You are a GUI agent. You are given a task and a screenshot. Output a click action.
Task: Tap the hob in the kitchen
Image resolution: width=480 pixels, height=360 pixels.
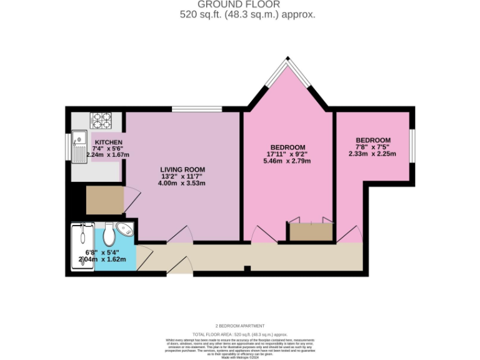point(101,119)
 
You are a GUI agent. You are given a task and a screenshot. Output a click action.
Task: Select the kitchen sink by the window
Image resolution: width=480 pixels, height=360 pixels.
point(79,147)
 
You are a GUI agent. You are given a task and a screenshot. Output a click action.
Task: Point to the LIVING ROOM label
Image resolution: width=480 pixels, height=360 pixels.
point(182,169)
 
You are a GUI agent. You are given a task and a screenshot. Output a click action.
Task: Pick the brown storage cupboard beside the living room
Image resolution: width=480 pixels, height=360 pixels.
point(105,200)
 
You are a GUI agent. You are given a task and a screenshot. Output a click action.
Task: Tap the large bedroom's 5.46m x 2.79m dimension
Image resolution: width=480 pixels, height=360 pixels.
point(287,161)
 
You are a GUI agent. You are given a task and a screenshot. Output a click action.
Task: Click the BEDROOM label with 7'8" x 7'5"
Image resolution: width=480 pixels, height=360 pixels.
point(373,140)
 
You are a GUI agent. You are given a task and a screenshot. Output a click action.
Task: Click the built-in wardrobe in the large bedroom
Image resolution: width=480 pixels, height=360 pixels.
point(310,231)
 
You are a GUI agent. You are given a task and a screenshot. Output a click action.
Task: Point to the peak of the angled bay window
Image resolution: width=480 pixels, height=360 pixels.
point(287,60)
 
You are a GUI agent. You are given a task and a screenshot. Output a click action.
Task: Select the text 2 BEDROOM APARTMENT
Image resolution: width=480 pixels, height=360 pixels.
point(240,326)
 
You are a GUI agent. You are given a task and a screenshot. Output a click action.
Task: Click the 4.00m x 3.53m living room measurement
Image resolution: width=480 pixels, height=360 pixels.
point(182,183)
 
